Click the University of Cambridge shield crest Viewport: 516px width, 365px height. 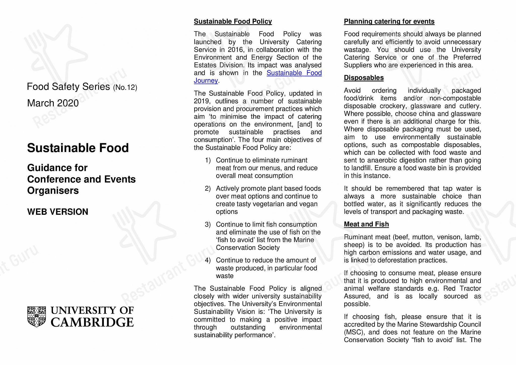(37, 317)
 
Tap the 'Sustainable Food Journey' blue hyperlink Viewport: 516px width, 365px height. (294, 73)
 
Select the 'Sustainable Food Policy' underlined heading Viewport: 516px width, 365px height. (233, 21)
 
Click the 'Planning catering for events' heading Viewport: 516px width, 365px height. (389, 21)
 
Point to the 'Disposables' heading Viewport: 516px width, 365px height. (364, 78)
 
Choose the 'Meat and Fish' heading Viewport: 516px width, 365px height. (366, 224)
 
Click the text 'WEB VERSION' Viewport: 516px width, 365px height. (58, 212)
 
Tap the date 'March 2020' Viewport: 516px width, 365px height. (53, 103)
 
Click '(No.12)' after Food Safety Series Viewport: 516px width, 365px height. (125, 87)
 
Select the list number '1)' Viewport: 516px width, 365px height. (208, 160)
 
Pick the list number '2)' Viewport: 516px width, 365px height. (208, 189)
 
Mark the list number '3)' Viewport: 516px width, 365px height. (208, 224)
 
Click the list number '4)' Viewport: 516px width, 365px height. (208, 260)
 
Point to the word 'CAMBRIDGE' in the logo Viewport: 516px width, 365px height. (92, 322)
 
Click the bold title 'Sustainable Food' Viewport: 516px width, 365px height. (78, 148)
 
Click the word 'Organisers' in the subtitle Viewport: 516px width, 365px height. (53, 191)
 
